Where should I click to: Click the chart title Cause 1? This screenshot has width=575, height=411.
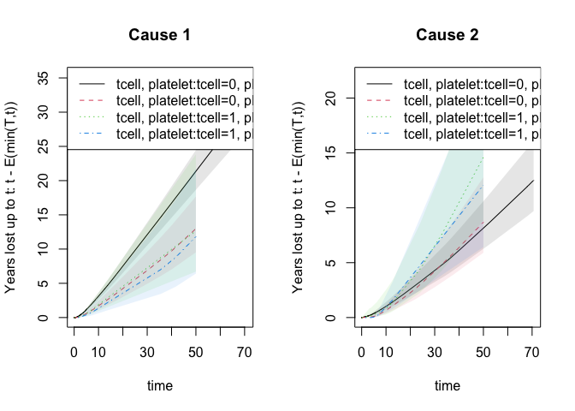click(159, 35)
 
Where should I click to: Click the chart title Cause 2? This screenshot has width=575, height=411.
click(447, 35)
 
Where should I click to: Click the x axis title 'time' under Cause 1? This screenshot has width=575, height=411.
click(159, 386)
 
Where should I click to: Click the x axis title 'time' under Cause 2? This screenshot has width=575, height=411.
click(447, 386)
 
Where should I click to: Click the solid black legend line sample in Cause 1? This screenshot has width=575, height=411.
click(92, 84)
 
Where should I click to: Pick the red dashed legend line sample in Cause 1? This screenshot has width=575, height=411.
click(92, 100)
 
